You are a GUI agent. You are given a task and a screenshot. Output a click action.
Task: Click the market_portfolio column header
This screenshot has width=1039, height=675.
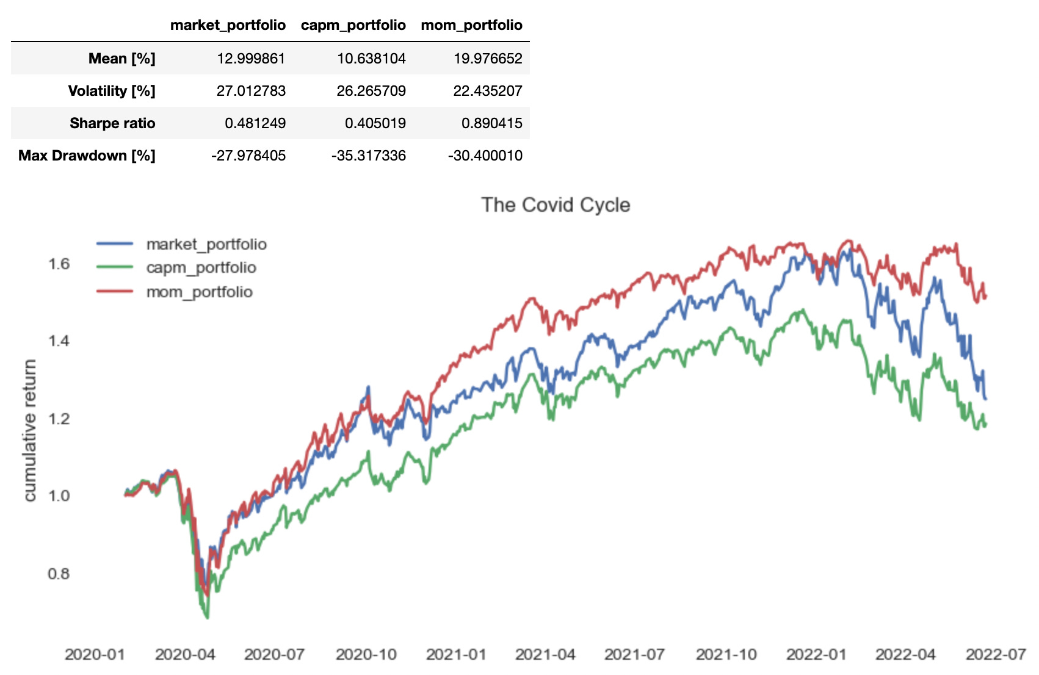(x=228, y=25)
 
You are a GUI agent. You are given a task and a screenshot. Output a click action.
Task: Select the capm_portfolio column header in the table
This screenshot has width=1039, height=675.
(x=353, y=25)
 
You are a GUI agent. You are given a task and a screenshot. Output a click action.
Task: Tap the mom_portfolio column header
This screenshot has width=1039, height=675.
(x=471, y=25)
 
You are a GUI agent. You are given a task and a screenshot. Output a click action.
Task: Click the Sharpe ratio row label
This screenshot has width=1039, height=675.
(x=112, y=123)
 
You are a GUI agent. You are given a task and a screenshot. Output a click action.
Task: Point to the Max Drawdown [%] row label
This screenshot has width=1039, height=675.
(x=87, y=156)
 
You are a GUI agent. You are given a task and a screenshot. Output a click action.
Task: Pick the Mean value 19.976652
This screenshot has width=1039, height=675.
(x=488, y=59)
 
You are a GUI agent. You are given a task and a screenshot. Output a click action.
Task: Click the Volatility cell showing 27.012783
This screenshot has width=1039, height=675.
(x=251, y=91)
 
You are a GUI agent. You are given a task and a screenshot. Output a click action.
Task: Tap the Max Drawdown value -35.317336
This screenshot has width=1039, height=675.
(x=369, y=156)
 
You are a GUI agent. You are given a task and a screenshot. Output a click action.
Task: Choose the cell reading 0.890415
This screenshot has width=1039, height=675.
(x=491, y=123)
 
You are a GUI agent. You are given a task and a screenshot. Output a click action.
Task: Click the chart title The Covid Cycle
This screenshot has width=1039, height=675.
(x=556, y=205)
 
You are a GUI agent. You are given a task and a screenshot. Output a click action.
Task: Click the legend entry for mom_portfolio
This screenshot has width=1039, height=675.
(x=199, y=292)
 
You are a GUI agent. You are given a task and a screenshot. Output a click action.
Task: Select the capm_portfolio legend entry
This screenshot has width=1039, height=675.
(x=201, y=268)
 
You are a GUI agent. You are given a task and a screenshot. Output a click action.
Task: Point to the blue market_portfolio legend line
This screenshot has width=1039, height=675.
(x=115, y=244)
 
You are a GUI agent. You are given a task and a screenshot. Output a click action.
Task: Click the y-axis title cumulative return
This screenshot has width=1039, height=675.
(x=29, y=430)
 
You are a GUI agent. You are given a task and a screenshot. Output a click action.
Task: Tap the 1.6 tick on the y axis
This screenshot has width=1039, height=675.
(x=59, y=264)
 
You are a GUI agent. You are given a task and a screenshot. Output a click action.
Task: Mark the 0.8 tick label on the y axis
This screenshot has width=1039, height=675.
(x=59, y=574)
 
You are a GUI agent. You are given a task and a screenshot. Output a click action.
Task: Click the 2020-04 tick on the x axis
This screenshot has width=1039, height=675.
(x=185, y=655)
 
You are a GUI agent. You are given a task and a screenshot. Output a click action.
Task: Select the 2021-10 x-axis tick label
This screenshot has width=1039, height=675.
(x=726, y=655)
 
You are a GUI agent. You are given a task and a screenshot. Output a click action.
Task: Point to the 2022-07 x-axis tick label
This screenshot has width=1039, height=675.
(x=996, y=655)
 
